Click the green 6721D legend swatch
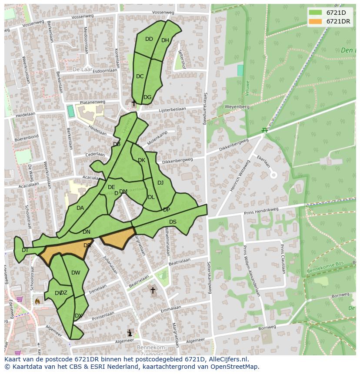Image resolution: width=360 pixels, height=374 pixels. click(316, 13)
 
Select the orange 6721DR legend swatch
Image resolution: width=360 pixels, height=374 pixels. click(316, 21)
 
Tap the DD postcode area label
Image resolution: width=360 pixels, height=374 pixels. click(149, 39)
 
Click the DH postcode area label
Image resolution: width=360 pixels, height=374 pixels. click(165, 40)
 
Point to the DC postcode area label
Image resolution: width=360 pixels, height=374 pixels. click(140, 76)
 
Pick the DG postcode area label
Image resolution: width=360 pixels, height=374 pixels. click(147, 97)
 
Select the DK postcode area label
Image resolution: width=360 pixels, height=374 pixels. click(141, 160)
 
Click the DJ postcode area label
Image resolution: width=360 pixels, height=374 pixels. click(160, 183)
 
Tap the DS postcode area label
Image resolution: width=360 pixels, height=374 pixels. click(173, 222)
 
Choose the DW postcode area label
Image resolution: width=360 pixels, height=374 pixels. click(76, 273)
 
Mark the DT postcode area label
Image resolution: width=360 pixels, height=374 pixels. click(25, 250)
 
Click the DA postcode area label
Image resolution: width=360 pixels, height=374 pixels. click(80, 208)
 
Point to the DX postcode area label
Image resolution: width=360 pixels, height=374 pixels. click(78, 316)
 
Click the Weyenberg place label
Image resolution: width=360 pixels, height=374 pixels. click(237, 106)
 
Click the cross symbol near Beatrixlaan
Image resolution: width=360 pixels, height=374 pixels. click(153, 290)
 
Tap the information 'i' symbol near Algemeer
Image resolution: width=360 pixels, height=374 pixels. click(130, 333)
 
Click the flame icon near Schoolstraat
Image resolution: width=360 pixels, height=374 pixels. click(37, 301)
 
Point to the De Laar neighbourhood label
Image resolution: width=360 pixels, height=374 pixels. click(81, 69)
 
